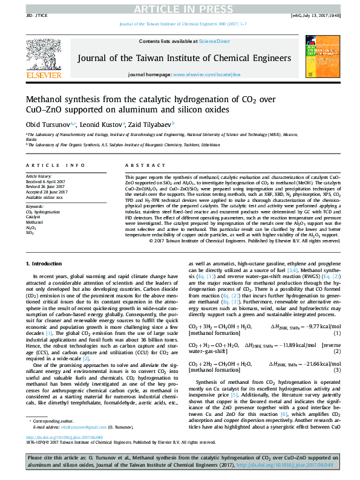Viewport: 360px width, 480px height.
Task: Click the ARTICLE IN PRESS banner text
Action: pyautogui.click(x=180, y=7)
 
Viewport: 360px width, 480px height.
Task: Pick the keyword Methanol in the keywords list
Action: pyautogui.click(x=34, y=222)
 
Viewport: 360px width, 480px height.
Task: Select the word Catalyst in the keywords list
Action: pyautogui.click(x=34, y=217)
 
